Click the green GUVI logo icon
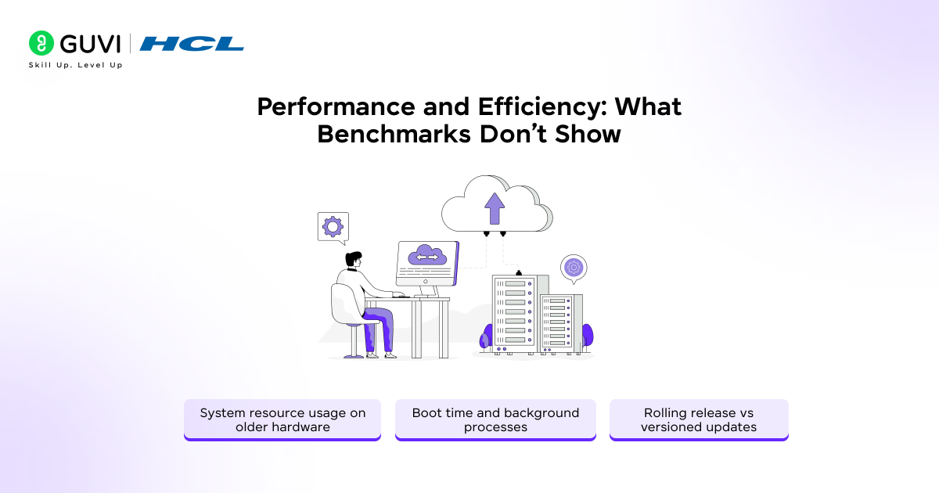(x=41, y=43)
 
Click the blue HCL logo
(x=192, y=44)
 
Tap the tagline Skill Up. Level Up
(x=75, y=65)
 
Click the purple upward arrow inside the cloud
(x=495, y=207)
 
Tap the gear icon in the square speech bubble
(x=333, y=227)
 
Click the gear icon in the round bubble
(x=574, y=267)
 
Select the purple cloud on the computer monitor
(x=427, y=256)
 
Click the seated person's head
(x=354, y=260)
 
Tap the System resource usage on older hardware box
(x=282, y=420)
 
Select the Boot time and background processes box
(x=495, y=420)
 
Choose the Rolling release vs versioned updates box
(x=699, y=420)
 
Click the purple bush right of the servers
(x=587, y=335)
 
